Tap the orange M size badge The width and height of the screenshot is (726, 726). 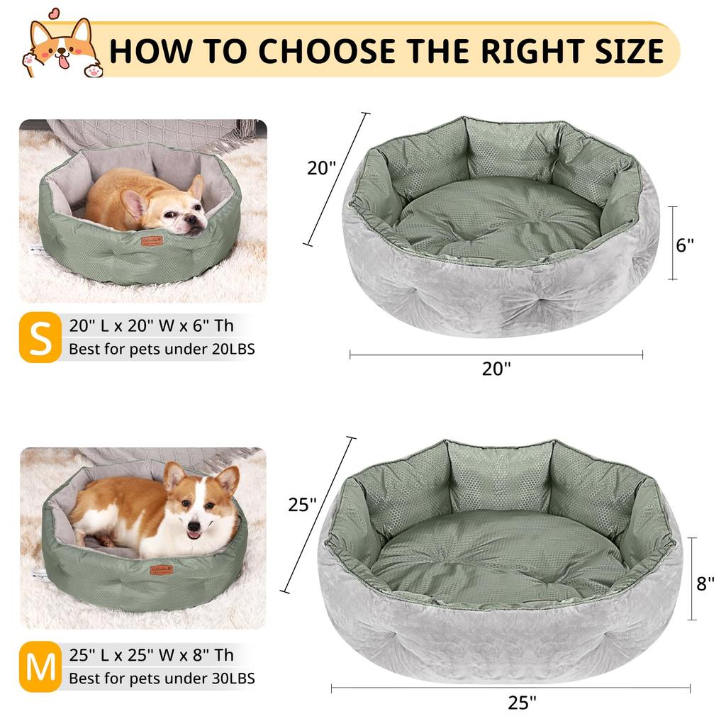click(x=40, y=667)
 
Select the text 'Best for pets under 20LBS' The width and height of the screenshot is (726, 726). click(x=162, y=350)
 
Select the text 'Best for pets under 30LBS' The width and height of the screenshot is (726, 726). click(x=162, y=678)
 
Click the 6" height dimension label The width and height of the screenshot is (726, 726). click(x=685, y=245)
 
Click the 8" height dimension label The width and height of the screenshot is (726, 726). click(x=705, y=583)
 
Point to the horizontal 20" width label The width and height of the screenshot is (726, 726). click(x=496, y=369)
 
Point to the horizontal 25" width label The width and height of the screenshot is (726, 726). click(x=523, y=703)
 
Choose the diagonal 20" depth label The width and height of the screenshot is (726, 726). click(x=321, y=168)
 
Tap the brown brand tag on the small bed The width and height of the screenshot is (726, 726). click(x=150, y=240)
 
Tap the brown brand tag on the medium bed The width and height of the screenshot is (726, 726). click(x=161, y=570)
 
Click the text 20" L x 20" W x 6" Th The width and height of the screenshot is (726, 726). click(x=152, y=326)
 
